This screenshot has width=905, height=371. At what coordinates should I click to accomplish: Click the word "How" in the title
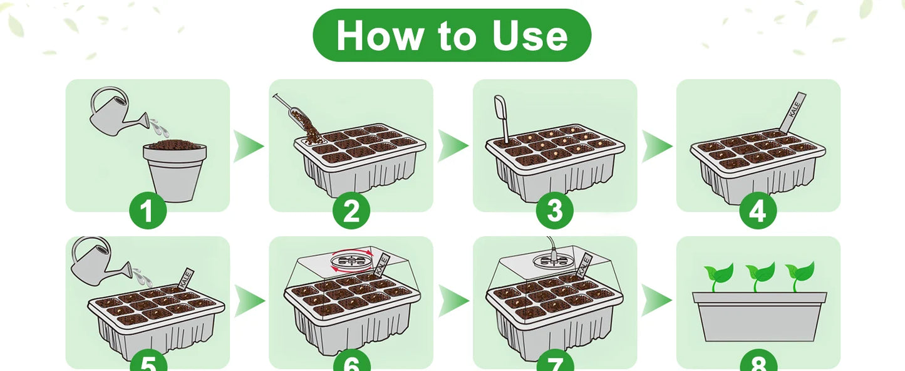click(x=375, y=36)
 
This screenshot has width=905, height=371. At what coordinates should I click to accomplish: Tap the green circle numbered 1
click(x=148, y=211)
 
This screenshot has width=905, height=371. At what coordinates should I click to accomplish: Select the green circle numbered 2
click(x=351, y=211)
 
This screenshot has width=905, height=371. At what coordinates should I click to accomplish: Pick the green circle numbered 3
click(x=555, y=211)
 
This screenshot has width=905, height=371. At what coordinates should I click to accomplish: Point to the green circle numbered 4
click(x=758, y=211)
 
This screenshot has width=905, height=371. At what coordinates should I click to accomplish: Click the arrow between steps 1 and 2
click(x=248, y=147)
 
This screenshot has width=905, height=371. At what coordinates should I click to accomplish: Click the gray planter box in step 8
click(x=759, y=318)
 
